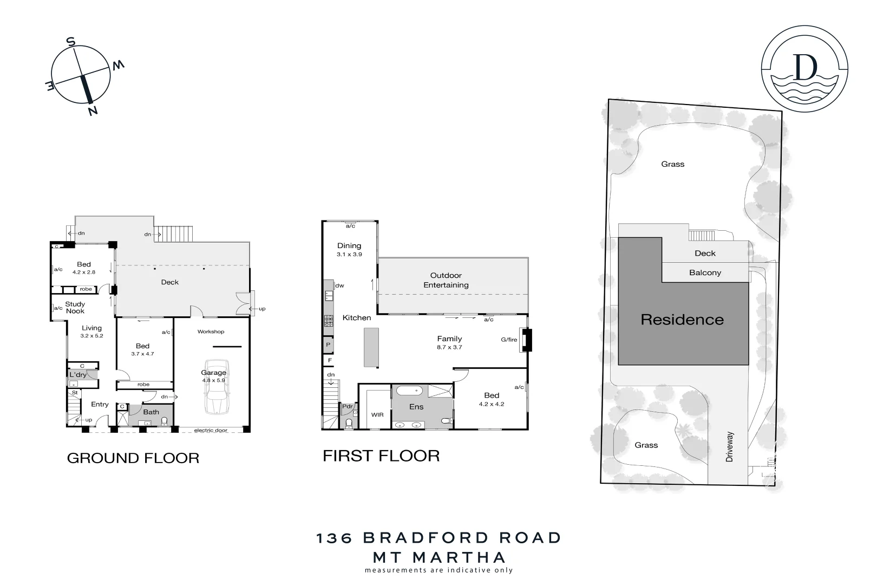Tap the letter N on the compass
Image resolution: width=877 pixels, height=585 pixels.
93,111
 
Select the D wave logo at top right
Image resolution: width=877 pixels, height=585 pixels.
804,69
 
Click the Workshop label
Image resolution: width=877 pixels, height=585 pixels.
211,331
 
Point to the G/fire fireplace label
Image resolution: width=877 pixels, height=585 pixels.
509,340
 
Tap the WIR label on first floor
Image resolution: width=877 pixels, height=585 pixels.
377,415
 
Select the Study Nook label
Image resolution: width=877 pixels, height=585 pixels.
75,308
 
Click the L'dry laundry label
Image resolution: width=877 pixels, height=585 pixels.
78,375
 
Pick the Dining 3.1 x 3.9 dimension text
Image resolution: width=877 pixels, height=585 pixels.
349,254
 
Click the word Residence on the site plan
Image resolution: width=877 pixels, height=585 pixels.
682,320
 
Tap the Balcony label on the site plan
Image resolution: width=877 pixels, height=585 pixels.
705,272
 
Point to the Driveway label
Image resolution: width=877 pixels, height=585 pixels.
730,447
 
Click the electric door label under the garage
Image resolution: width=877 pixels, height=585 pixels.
211,431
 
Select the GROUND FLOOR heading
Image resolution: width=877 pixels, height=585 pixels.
133,458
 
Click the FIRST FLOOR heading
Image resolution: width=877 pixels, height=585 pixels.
381,456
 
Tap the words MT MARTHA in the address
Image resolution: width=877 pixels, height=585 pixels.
439,557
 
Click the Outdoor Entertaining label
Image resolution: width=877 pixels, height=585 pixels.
446,280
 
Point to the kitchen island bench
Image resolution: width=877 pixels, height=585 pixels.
370,347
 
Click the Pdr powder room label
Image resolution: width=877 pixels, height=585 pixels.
346,407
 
